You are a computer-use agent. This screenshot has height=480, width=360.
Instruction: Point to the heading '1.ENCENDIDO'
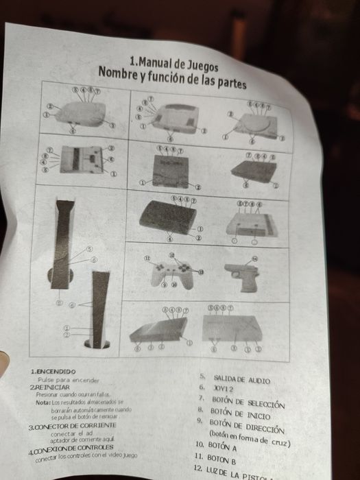tap(53, 371)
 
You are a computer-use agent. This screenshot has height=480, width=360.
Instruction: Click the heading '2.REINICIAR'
tap(50, 387)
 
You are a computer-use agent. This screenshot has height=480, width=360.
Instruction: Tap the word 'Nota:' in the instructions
tap(43, 403)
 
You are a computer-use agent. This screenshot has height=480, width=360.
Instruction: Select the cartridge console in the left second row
tap(80, 160)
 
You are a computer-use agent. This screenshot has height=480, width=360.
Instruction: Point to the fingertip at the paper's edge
tap(3, 357)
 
